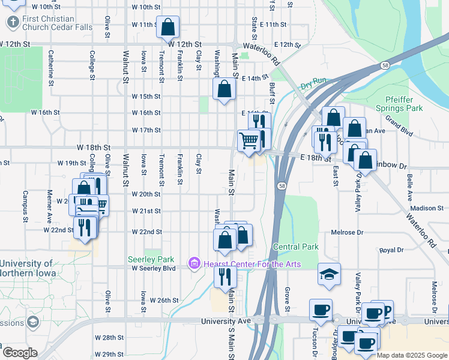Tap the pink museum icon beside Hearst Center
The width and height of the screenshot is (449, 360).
pyautogui.click(x=194, y=263)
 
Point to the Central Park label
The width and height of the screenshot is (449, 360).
pyautogui.click(x=295, y=247)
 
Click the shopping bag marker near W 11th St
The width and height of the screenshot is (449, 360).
pyautogui.click(x=167, y=27)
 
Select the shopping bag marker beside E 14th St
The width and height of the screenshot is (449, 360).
pyautogui.click(x=224, y=90)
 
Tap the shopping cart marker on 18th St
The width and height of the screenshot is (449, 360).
pyautogui.click(x=249, y=141)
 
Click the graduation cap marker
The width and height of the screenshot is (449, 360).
pyautogui.click(x=329, y=274)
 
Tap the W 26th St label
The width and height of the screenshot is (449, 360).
pyautogui.click(x=164, y=300)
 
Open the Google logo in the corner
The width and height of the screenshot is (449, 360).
pyautogui.click(x=20, y=353)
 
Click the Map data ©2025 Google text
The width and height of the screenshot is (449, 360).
pyautogui.click(x=411, y=355)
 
